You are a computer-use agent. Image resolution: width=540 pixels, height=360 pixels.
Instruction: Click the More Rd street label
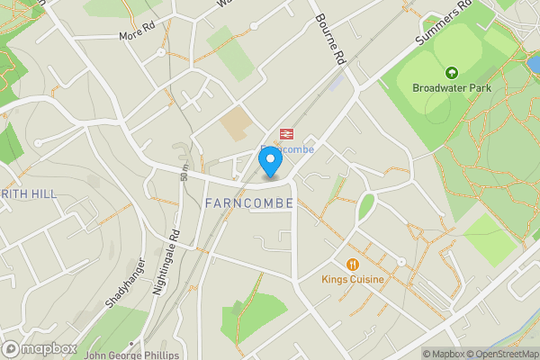(x=137, y=36)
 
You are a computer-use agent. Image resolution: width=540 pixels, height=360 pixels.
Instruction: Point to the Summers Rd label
(x=445, y=23)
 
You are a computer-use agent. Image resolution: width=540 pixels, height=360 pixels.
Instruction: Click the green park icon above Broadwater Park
(x=450, y=72)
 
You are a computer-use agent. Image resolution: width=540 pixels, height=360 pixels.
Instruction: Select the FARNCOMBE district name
(x=249, y=203)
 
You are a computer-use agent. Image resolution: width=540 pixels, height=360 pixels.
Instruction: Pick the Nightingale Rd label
(x=166, y=262)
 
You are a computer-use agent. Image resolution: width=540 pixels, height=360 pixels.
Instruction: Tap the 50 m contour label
(x=184, y=166)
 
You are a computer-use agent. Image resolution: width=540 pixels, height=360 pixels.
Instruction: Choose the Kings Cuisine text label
(x=353, y=280)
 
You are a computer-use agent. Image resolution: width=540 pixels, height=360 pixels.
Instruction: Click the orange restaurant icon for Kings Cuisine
(x=353, y=265)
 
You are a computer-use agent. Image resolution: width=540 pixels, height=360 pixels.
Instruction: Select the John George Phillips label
(x=131, y=355)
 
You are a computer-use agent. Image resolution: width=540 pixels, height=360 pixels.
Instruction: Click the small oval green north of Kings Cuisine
(x=366, y=206)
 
